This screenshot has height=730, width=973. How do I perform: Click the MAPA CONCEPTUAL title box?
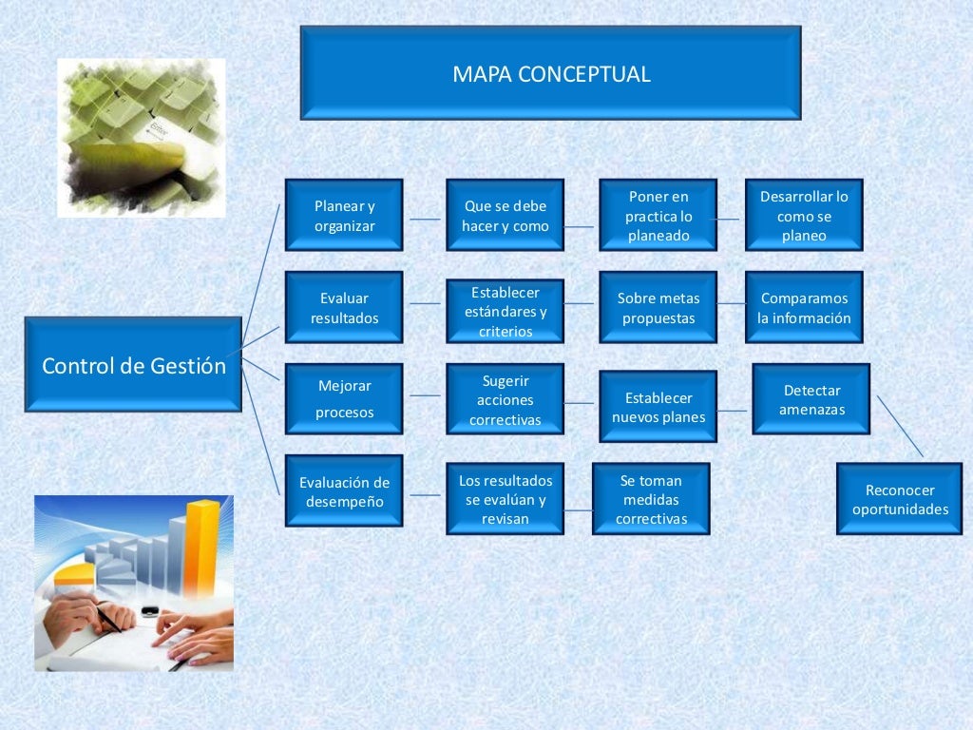tap(550, 73)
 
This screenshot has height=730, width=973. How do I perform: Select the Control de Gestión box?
tap(133, 365)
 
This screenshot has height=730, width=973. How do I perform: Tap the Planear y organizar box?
tap(344, 216)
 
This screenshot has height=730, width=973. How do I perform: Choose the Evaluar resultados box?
tap(344, 308)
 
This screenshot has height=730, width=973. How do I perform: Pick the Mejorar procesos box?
tap(344, 399)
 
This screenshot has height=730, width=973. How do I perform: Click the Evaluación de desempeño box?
tap(344, 491)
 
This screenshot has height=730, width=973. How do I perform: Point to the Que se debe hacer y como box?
tap(505, 216)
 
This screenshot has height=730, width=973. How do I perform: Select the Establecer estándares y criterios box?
tap(505, 311)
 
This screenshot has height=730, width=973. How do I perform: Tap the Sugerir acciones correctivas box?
tap(505, 399)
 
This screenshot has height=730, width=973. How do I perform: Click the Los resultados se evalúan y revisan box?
tap(505, 499)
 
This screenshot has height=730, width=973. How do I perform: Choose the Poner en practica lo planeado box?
tap(658, 216)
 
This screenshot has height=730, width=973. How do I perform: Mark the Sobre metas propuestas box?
tap(658, 308)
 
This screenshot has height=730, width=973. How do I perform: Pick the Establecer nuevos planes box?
tap(658, 407)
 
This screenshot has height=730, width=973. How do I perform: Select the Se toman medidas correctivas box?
tap(651, 499)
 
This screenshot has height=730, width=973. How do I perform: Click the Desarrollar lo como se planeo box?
tap(804, 216)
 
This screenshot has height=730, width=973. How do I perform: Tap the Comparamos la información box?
tap(804, 308)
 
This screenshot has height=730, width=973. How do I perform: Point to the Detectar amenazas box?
tap(811, 399)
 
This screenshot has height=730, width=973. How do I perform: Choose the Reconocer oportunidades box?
tap(899, 499)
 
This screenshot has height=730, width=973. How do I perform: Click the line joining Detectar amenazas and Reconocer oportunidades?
tap(900, 427)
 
